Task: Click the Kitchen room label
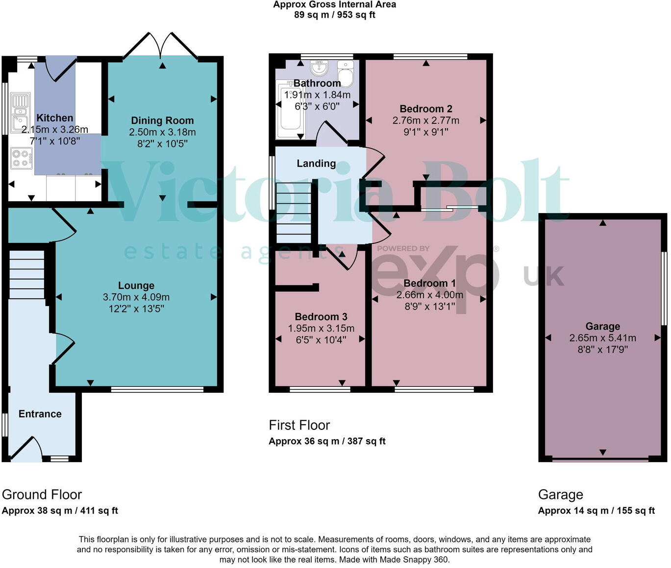54,118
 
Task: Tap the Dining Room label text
162,120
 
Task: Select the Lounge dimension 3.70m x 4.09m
136,297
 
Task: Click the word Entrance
40,414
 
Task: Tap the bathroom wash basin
319,68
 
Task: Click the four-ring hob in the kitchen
21,158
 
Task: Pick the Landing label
316,164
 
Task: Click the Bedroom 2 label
426,109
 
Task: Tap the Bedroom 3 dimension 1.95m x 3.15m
321,329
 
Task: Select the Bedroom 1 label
429,284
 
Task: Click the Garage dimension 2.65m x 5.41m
602,338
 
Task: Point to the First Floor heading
299,425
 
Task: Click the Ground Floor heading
42,495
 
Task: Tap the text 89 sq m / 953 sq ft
335,15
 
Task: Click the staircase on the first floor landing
294,213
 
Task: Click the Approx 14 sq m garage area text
596,511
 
